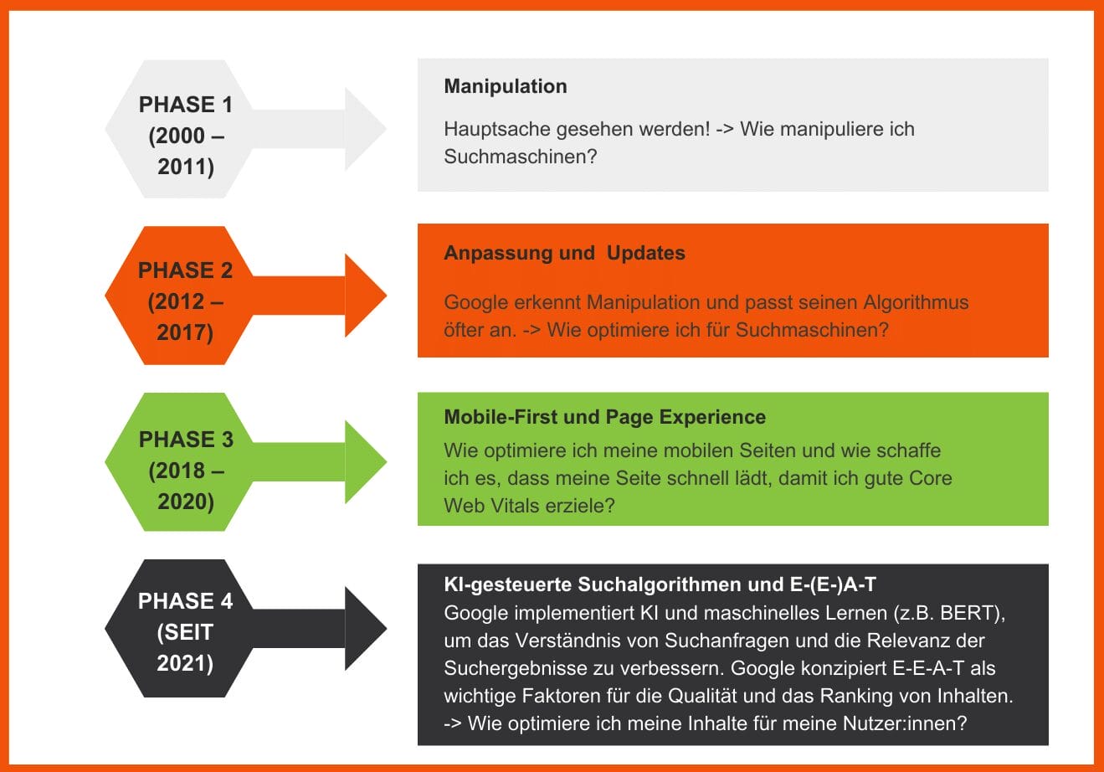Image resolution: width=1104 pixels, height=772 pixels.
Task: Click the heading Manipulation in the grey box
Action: coord(505,86)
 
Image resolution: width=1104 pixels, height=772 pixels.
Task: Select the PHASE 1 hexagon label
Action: coord(185,105)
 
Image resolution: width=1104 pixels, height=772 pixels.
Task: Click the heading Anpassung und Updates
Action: coord(564,253)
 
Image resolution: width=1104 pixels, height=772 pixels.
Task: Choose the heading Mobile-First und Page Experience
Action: coord(604,417)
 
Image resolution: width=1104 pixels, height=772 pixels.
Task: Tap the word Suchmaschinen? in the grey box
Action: coord(520,157)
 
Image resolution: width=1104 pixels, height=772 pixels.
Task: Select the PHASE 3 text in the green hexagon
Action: coord(186,440)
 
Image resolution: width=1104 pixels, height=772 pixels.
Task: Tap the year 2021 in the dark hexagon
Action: coord(185,663)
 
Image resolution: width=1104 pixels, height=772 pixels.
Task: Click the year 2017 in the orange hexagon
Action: coord(185,332)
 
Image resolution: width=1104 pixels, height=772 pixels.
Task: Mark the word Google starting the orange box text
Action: coord(475,302)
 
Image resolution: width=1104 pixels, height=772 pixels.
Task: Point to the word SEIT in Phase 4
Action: coord(185,632)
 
